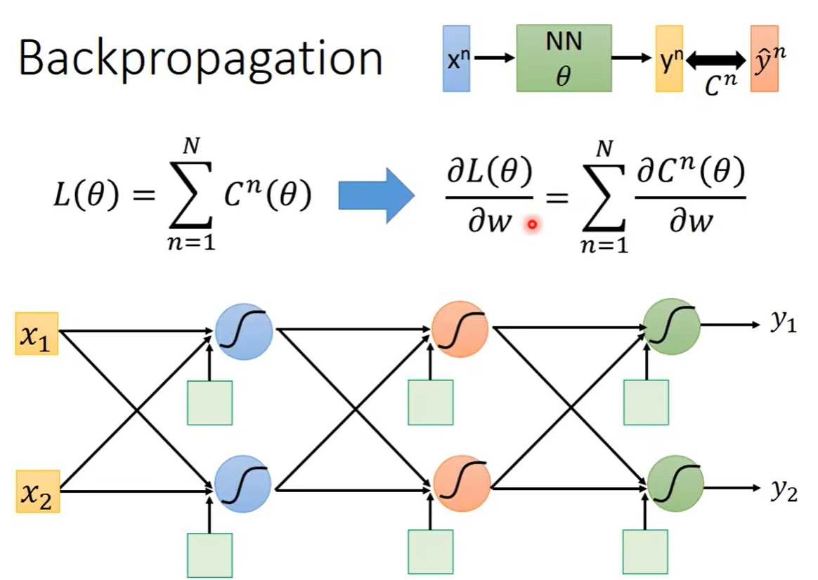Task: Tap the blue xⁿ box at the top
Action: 455,59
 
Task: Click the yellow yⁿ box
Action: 668,59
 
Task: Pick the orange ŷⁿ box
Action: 765,59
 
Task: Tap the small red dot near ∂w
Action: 532,225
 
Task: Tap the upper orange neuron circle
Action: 461,330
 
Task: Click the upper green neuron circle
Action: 672,326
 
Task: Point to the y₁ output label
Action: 783,324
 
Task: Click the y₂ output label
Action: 783,489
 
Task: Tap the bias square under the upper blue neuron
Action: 209,402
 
